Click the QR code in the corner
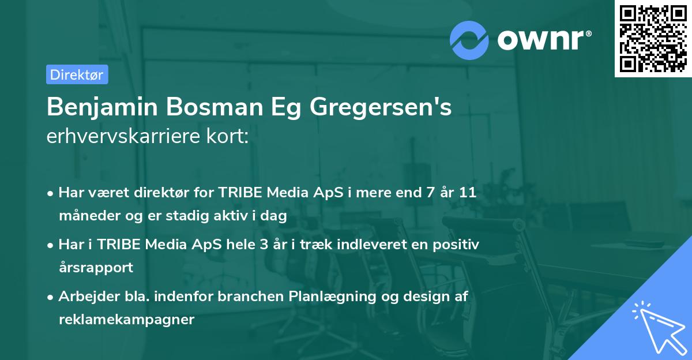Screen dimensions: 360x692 [x=653, y=39]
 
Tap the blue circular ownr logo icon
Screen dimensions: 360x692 [x=469, y=40]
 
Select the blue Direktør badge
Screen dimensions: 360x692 [x=77, y=74]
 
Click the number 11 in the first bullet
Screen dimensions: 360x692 [x=468, y=193]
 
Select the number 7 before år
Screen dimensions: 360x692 [x=428, y=193]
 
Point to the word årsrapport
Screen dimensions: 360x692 [x=96, y=267]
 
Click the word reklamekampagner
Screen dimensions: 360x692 [x=126, y=319]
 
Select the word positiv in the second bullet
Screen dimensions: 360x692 [x=459, y=245]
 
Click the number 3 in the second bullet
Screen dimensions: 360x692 [x=264, y=245]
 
